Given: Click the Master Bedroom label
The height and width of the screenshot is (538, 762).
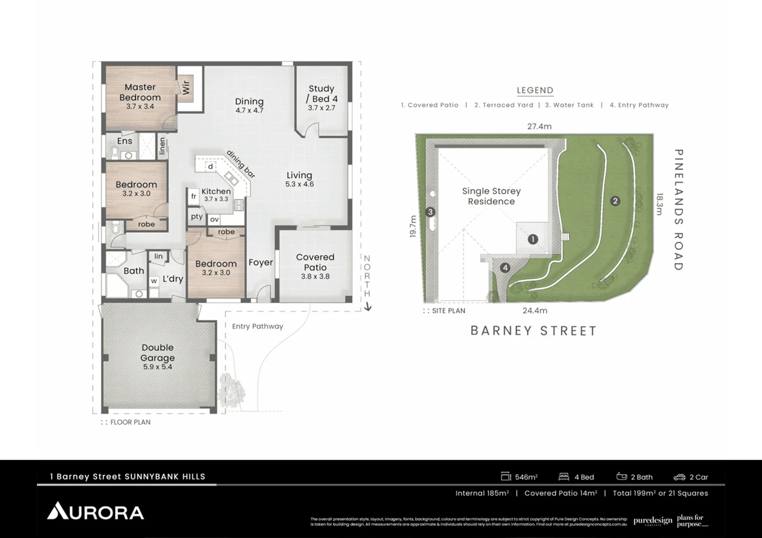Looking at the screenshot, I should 140,93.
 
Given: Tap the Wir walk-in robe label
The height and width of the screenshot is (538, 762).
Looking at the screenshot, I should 186,88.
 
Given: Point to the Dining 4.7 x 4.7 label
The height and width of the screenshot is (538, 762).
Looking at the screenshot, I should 249,105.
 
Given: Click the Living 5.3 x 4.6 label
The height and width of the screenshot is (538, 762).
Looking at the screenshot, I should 299,179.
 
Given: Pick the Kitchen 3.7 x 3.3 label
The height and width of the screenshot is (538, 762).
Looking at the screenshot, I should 216,194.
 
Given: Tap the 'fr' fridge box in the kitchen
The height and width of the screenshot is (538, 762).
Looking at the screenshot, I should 193,196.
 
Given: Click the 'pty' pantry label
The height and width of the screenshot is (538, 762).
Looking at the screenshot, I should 196,217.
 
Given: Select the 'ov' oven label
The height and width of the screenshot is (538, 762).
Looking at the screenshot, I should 214,219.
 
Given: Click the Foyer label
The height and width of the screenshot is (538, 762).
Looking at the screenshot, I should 260,263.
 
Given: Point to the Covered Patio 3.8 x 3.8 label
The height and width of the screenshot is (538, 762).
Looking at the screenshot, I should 315,266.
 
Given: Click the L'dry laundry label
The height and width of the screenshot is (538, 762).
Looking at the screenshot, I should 173,279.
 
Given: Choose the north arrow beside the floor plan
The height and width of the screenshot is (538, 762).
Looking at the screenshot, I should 368,307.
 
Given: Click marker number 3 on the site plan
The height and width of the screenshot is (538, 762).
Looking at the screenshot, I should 431,212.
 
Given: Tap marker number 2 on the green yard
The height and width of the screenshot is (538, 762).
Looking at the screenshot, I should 615,201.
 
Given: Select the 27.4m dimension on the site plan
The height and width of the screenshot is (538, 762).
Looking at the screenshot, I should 539,127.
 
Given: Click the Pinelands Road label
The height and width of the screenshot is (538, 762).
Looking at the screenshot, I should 678,209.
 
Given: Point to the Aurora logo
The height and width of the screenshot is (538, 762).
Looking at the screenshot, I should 95,511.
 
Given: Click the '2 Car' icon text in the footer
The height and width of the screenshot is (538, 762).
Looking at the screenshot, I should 691,477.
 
